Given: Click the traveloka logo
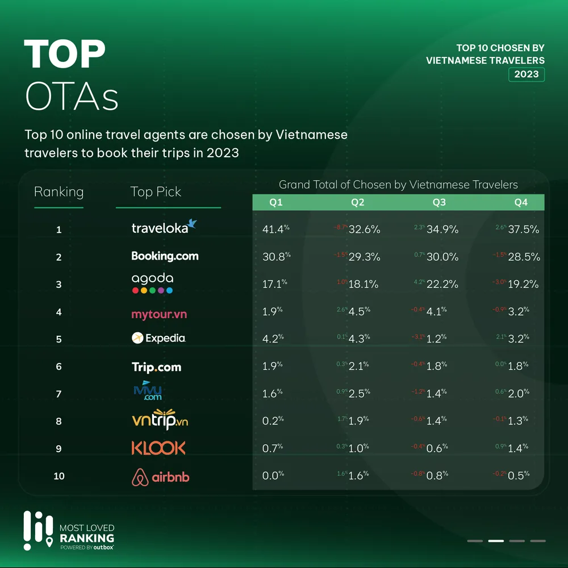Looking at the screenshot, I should pos(164,227).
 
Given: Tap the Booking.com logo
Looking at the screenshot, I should pos(165,256).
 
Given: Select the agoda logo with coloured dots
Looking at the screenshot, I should pos(152,283).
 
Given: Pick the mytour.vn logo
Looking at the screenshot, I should pos(159,314).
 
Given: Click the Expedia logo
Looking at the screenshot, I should pos(158,338).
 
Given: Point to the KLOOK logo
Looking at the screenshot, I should pos(158,448).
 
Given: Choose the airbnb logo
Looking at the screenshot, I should pos(160,477).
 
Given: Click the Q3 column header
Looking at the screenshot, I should pos(439,202).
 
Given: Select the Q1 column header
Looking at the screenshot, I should pos(276,202).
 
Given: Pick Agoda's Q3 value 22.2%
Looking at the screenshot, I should pos(442,284).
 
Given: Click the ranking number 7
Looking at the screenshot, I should pos(59,394).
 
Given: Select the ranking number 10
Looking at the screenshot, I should pos(59,476).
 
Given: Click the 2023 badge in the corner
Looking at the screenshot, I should pos(527,74).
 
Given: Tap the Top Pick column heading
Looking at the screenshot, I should pos(156,192).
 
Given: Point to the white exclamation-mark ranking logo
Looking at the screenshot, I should pos(37,531).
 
